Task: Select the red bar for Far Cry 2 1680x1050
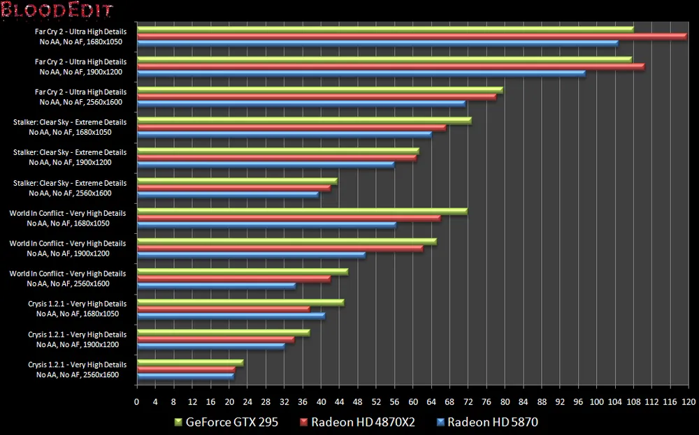[412, 36]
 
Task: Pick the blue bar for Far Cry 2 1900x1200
[361, 73]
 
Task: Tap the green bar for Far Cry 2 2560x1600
[320, 89]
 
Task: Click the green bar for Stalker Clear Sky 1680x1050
[304, 120]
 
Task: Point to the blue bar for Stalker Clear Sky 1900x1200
[266, 164]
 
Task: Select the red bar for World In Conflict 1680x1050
[289, 218]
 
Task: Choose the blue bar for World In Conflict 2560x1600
[217, 286]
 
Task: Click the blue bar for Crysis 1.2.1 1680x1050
[231, 316]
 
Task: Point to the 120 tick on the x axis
[688, 403]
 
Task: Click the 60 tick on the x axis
[412, 403]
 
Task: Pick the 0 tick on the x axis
[137, 403]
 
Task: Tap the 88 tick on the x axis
[542, 403]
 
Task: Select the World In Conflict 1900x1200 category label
[68, 249]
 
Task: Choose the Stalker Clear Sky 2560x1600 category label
[70, 188]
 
